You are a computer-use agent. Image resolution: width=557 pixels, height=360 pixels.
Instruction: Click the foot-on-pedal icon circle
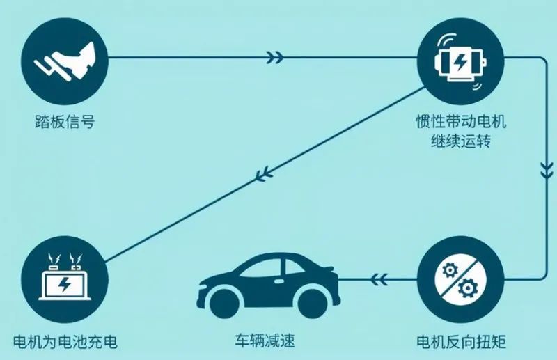65,61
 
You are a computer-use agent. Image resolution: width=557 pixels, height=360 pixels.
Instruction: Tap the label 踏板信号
65,122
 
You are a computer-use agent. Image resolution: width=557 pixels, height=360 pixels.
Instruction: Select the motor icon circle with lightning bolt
460,61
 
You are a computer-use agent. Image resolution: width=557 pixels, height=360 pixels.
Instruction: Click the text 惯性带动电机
461,122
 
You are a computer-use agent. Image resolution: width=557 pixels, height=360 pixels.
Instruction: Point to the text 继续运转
461,141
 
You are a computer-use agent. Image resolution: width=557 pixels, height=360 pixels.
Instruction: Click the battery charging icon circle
65,279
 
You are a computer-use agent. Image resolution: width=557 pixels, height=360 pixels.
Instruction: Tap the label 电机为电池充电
65,342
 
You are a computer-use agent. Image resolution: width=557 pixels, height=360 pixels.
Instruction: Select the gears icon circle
460,279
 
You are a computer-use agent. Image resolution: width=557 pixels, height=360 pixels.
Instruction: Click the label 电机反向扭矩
461,342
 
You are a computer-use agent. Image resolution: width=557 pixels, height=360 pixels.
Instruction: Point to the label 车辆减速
265,340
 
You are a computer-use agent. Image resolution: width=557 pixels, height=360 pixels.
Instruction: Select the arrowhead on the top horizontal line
275,57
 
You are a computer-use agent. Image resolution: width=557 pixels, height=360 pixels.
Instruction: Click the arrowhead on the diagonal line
265,175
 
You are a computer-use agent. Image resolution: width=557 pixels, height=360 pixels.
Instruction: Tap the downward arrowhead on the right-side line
547,170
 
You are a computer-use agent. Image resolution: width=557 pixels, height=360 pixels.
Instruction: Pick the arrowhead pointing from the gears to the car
379,279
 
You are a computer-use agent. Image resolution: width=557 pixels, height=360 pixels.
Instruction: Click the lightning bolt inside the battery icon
65,284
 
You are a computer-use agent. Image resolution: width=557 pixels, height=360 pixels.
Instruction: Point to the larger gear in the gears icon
467,288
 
